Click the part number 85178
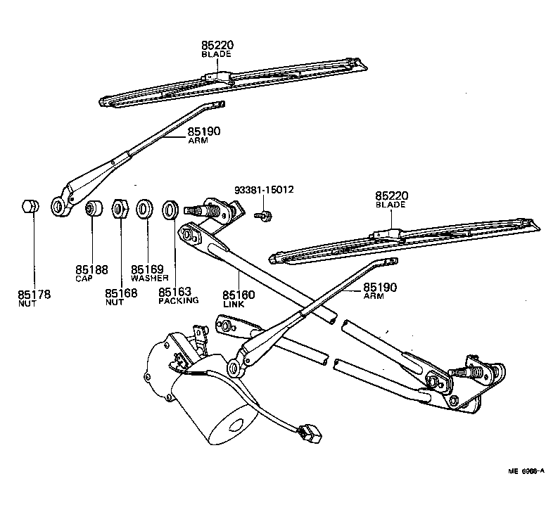point(34,295)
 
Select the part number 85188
point(90,269)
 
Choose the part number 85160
point(239,295)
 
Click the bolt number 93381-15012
point(264,190)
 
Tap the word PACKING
point(178,301)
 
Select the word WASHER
point(148,278)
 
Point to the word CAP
point(84,278)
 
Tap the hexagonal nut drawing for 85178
point(29,207)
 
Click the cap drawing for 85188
point(91,209)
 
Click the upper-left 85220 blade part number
point(217,45)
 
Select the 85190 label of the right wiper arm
point(381,288)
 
